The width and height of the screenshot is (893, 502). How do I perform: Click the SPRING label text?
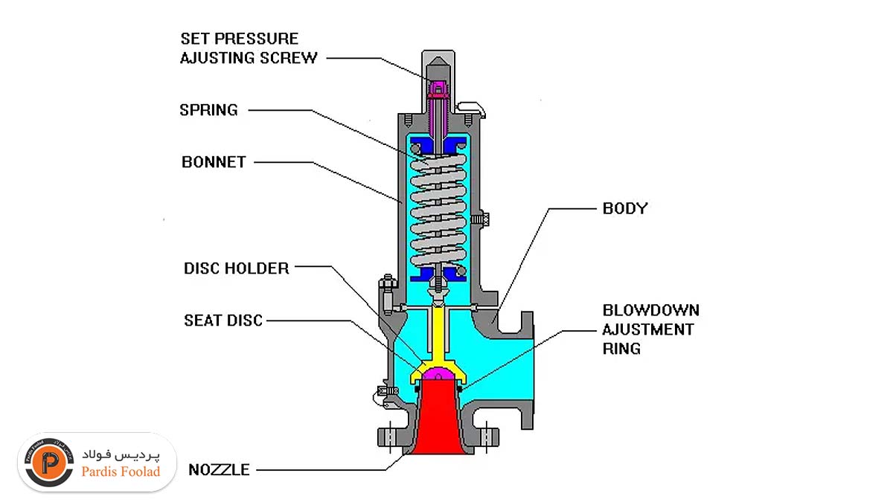(x=208, y=110)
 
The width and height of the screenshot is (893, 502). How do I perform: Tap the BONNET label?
(x=214, y=162)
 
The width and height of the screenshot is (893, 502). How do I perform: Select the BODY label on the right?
(x=625, y=208)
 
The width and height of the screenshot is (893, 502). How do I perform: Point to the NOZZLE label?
(x=219, y=470)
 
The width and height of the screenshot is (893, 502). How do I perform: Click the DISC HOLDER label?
(x=237, y=268)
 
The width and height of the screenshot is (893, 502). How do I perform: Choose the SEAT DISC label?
(x=223, y=321)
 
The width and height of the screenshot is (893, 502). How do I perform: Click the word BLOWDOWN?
(x=651, y=310)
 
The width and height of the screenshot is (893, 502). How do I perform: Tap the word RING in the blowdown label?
(x=621, y=349)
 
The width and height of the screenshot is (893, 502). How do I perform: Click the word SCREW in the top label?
(x=289, y=58)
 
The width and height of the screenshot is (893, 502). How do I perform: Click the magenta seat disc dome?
(x=438, y=373)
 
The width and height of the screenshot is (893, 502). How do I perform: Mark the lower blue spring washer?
(x=438, y=274)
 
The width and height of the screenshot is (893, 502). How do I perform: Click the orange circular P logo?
(x=49, y=463)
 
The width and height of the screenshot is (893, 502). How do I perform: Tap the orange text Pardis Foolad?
(x=121, y=472)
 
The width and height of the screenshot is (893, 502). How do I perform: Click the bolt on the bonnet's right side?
(x=480, y=219)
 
